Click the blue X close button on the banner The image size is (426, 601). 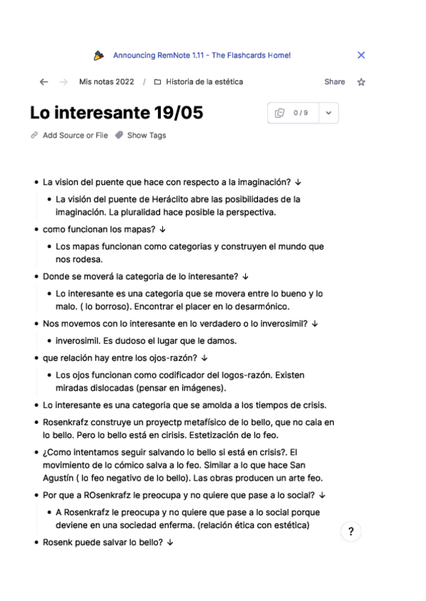pyautogui.click(x=361, y=55)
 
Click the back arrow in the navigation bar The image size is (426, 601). pyautogui.click(x=44, y=82)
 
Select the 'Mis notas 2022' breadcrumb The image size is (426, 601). pyautogui.click(x=106, y=82)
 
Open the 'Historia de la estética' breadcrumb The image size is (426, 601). pyautogui.click(x=204, y=82)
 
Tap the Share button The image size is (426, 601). pyautogui.click(x=335, y=82)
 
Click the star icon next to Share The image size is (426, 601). pyautogui.click(x=361, y=82)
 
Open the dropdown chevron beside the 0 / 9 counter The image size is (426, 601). pyautogui.click(x=328, y=113)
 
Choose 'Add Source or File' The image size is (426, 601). pyautogui.click(x=75, y=135)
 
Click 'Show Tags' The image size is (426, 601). pyautogui.click(x=146, y=135)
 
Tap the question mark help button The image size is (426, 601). pyautogui.click(x=351, y=532)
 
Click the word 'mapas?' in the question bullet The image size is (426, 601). pyautogui.click(x=142, y=230)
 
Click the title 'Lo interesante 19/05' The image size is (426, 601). pyautogui.click(x=106, y=113)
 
